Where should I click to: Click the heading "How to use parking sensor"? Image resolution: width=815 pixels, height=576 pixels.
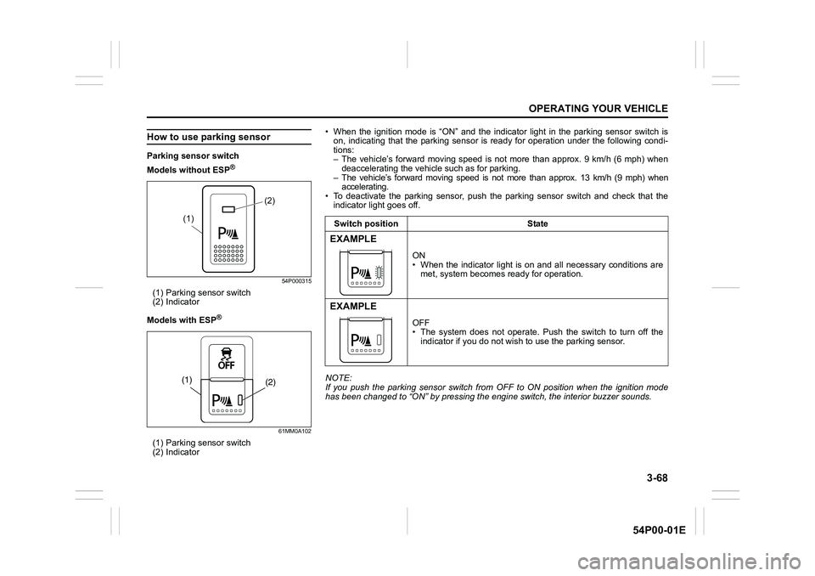(x=208, y=137)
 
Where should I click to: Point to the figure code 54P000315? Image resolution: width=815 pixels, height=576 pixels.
(x=294, y=281)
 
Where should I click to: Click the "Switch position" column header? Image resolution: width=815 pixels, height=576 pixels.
(x=363, y=223)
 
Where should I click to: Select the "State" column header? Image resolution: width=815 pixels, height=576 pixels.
(x=537, y=223)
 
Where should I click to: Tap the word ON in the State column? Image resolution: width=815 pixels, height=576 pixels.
(x=419, y=255)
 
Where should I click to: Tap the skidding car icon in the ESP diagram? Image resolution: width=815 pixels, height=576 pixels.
(x=226, y=352)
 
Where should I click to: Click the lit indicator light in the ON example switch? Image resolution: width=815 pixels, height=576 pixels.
(x=379, y=272)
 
